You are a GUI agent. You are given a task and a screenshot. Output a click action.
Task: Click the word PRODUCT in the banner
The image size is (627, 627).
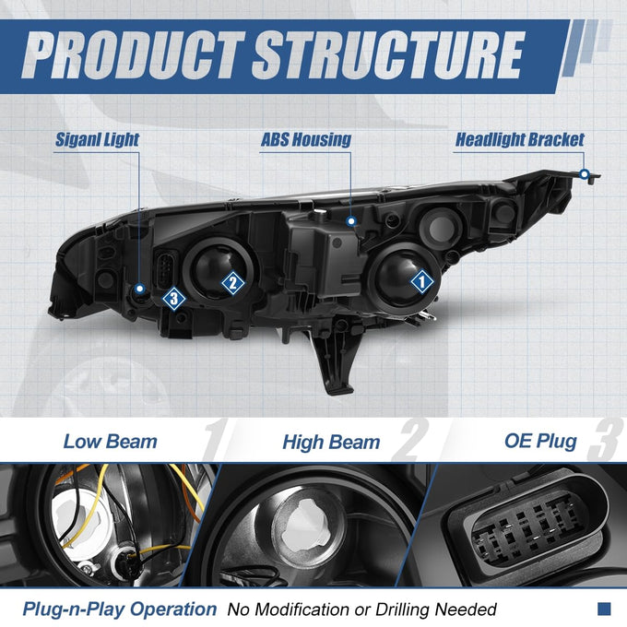pyautogui.click(x=133, y=55)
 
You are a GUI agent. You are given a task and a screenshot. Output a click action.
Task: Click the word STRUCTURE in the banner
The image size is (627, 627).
pyautogui.click(x=388, y=55)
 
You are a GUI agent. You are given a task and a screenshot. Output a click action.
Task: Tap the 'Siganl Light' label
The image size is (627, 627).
pyautogui.click(x=97, y=140)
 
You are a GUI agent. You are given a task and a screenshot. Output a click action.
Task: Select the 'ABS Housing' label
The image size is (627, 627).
pyautogui.click(x=306, y=140)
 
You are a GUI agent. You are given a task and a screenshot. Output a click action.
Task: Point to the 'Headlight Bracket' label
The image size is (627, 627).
pyautogui.click(x=520, y=140)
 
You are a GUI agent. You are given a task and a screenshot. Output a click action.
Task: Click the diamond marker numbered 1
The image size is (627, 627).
pyautogui.click(x=422, y=282)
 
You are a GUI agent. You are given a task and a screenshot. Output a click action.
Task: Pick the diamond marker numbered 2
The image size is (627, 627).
pyautogui.click(x=233, y=283)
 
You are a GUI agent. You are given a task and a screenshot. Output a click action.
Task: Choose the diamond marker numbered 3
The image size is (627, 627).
pyautogui.click(x=174, y=299)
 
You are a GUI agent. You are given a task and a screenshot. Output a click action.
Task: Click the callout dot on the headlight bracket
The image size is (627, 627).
pyautogui.click(x=585, y=174)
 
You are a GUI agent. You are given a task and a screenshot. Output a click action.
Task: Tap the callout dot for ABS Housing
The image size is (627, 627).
pyautogui.click(x=351, y=220)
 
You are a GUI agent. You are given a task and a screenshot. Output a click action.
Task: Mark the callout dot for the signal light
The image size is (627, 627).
pyautogui.click(x=139, y=288)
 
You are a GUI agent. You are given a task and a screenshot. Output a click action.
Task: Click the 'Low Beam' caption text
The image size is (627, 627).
pyautogui.click(x=111, y=442)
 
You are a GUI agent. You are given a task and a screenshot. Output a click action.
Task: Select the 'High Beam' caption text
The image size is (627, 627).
pyautogui.click(x=331, y=443)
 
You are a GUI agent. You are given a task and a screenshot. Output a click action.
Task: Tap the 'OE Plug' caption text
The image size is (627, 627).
pyautogui.click(x=540, y=442)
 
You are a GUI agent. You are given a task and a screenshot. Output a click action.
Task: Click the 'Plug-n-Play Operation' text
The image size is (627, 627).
pyautogui.click(x=120, y=609)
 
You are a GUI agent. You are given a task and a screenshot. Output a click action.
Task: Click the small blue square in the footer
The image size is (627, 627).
pyautogui.click(x=604, y=609)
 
